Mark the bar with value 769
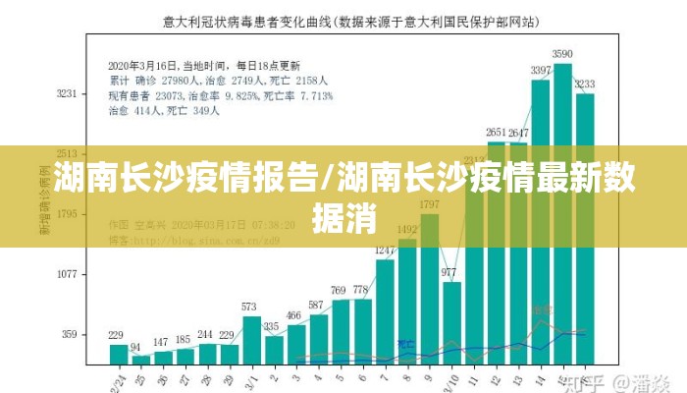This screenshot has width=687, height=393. (x=340, y=330)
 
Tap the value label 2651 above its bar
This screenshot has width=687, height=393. (x=497, y=132)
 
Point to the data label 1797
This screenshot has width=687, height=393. (x=429, y=204)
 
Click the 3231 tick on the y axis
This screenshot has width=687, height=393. (x=67, y=94)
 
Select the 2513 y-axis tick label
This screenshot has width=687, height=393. (x=67, y=154)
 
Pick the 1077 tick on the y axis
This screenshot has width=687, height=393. (x=67, y=274)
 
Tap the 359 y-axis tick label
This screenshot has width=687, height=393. (x=70, y=334)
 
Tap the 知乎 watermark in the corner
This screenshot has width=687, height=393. (x=590, y=380)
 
